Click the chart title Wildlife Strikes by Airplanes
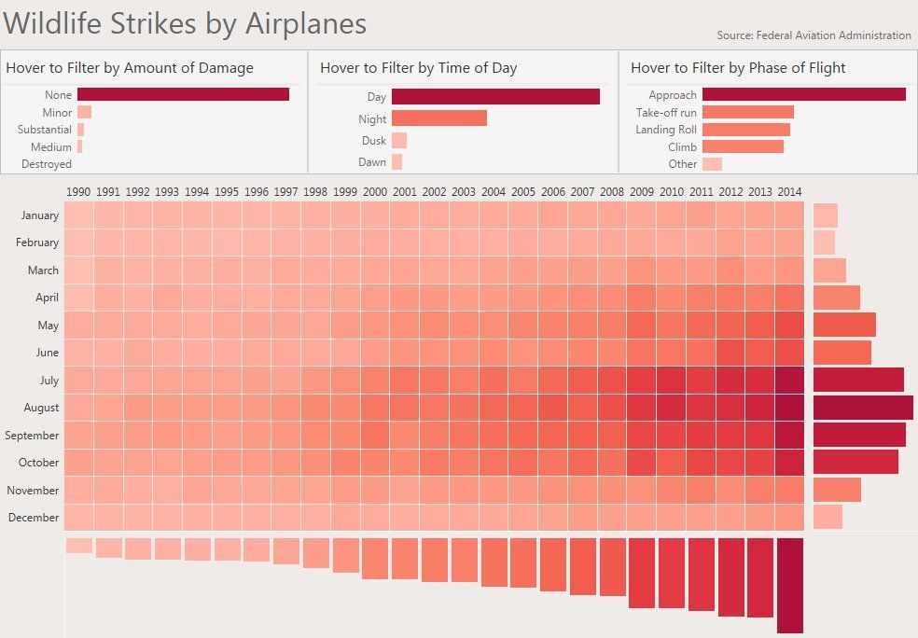(185, 23)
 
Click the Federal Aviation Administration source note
(814, 35)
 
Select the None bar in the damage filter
(183, 94)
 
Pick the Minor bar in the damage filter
(84, 112)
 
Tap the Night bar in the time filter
(438, 118)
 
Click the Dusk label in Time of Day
(373, 141)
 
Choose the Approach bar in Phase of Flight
(803, 94)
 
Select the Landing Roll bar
(745, 130)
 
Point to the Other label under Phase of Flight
(682, 164)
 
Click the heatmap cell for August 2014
(788, 408)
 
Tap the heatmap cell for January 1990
(79, 215)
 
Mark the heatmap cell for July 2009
(641, 381)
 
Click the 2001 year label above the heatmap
(404, 192)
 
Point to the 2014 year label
(788, 192)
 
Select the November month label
(33, 491)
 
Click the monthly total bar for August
(863, 408)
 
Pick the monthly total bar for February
(824, 243)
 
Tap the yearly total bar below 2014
(789, 585)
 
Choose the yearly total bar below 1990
(79, 545)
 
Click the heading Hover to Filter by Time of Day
(418, 68)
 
